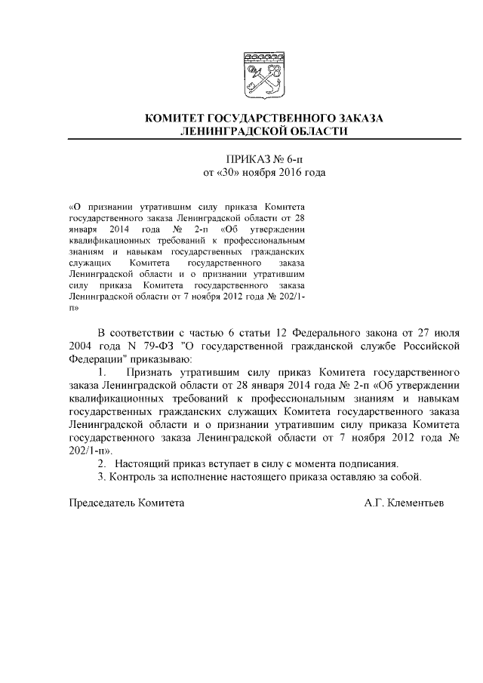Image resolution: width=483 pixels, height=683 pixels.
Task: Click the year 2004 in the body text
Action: point(82,346)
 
